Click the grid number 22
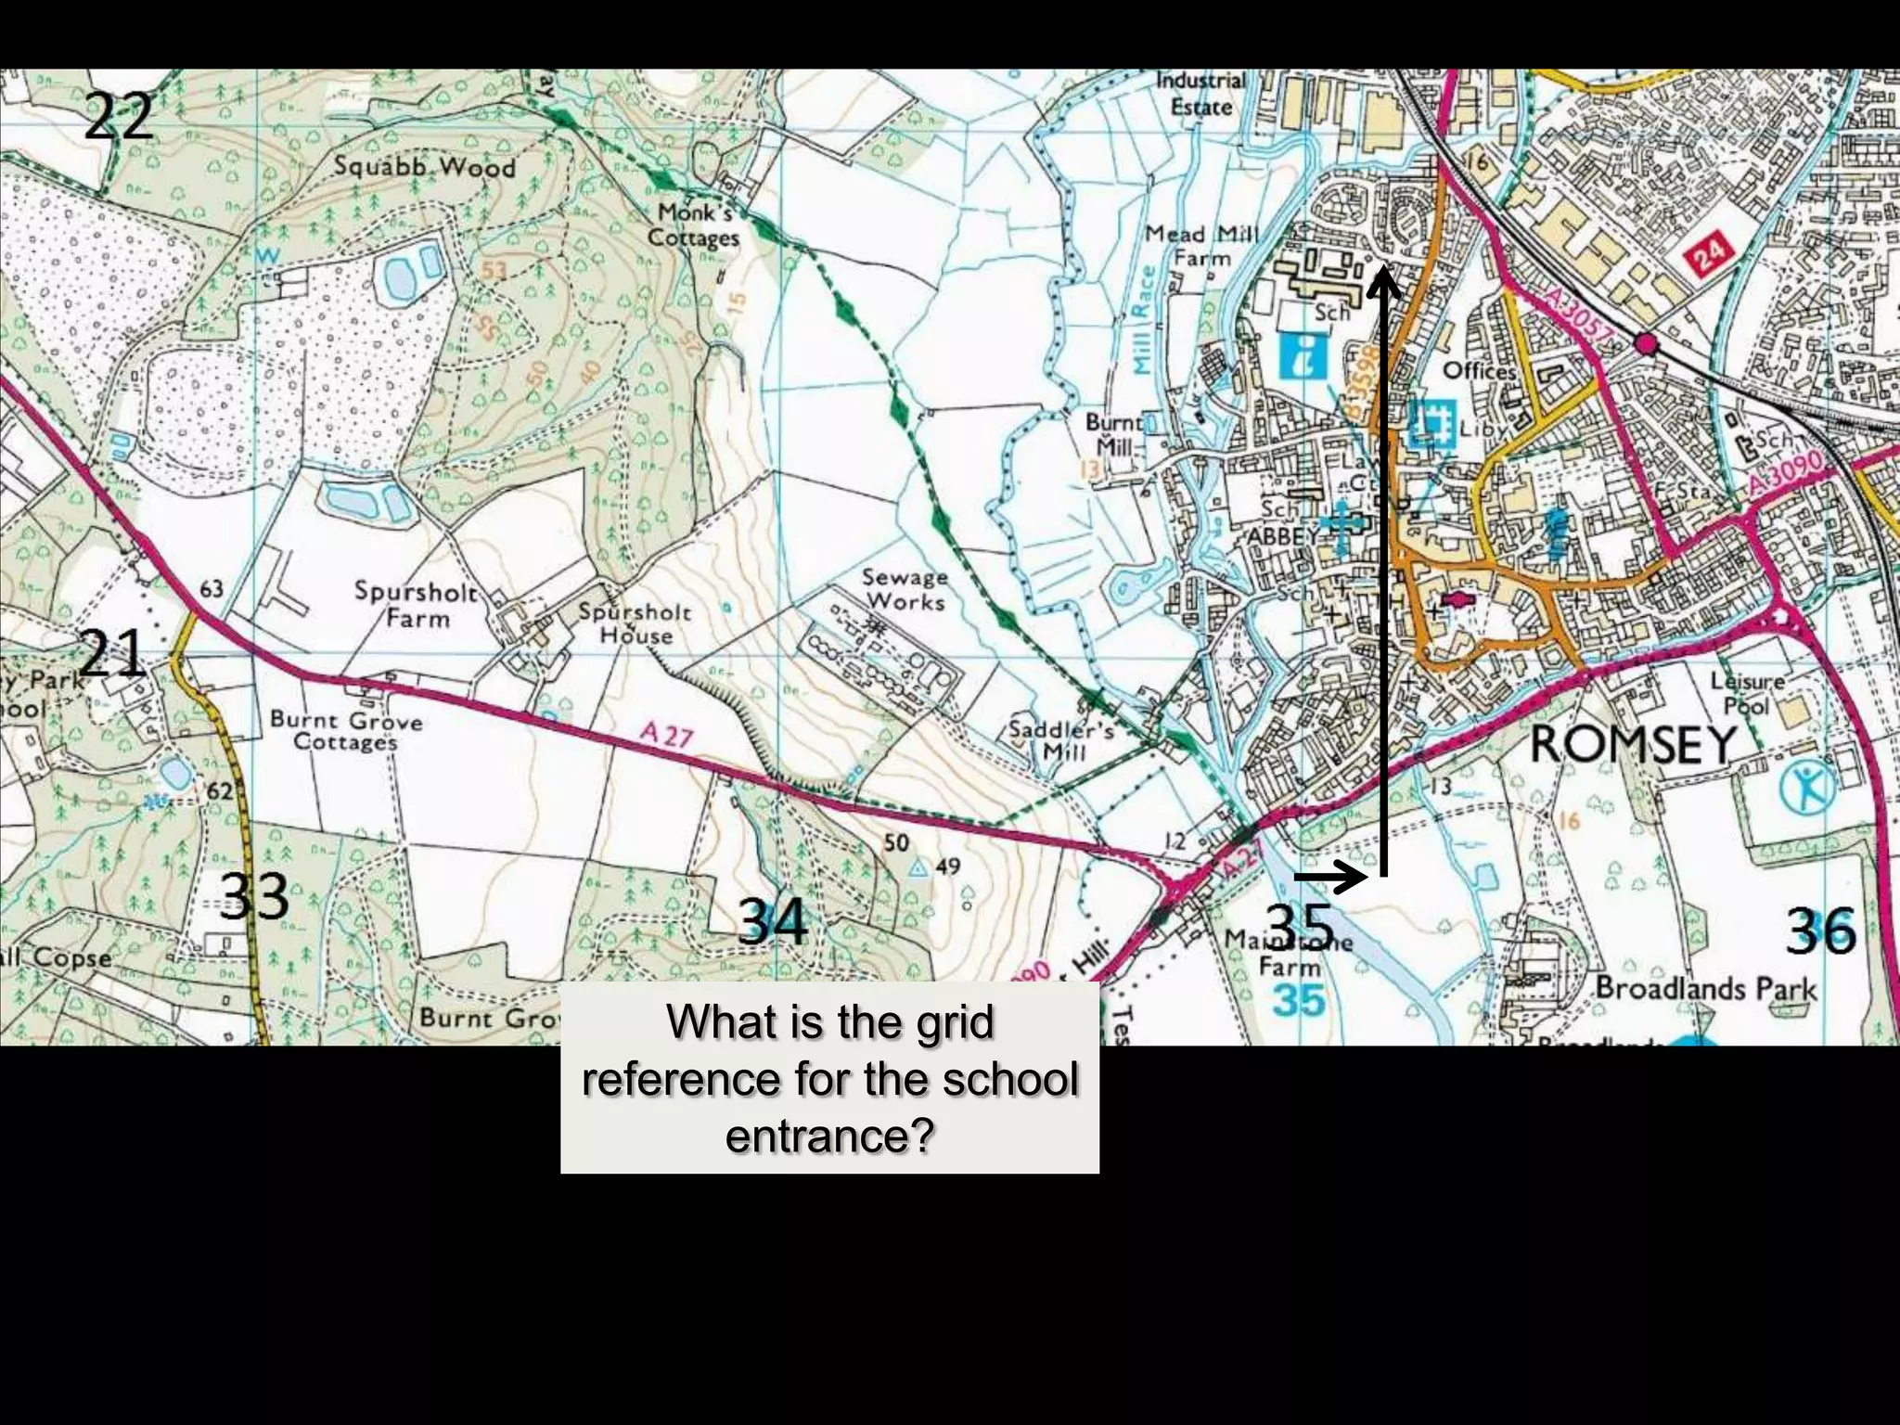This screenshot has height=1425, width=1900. click(118, 117)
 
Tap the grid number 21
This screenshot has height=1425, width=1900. click(110, 652)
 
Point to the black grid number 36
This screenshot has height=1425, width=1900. click(1821, 931)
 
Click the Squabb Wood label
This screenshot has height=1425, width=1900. click(424, 167)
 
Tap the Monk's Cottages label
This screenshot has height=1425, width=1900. click(694, 225)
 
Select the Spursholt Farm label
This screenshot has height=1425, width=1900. click(416, 604)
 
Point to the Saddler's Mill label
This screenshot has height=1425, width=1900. click(1061, 739)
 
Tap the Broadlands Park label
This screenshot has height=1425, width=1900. click(1705, 988)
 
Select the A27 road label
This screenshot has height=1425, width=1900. click(666, 736)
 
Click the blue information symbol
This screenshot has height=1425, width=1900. click(1303, 356)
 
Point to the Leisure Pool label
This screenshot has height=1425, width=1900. click(1746, 692)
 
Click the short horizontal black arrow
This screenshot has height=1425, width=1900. click(1331, 876)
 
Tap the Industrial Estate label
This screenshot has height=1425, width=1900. click(1200, 94)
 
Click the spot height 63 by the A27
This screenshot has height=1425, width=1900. click(212, 588)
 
